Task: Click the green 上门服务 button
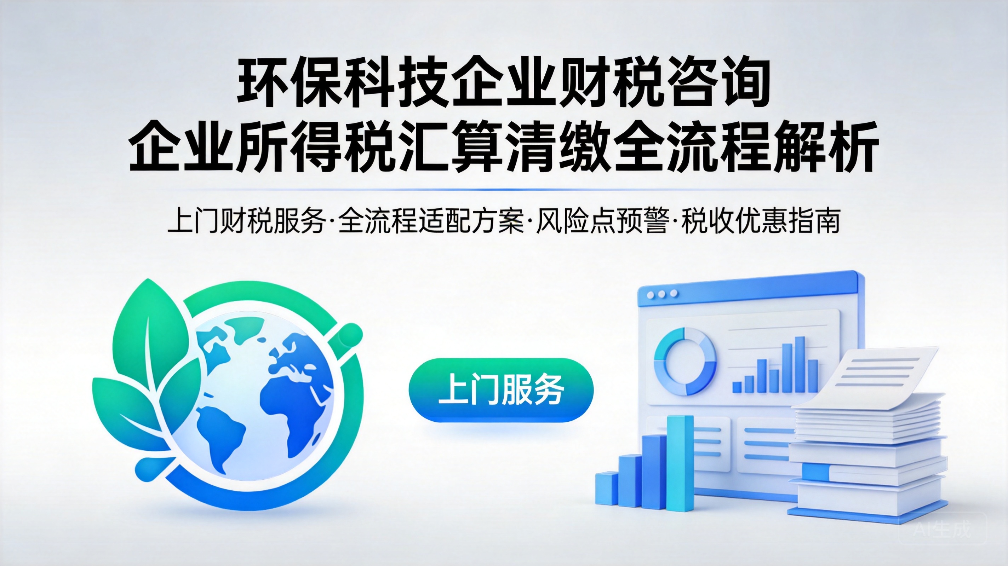tap(501, 390)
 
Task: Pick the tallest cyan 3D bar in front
tap(679, 463)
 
